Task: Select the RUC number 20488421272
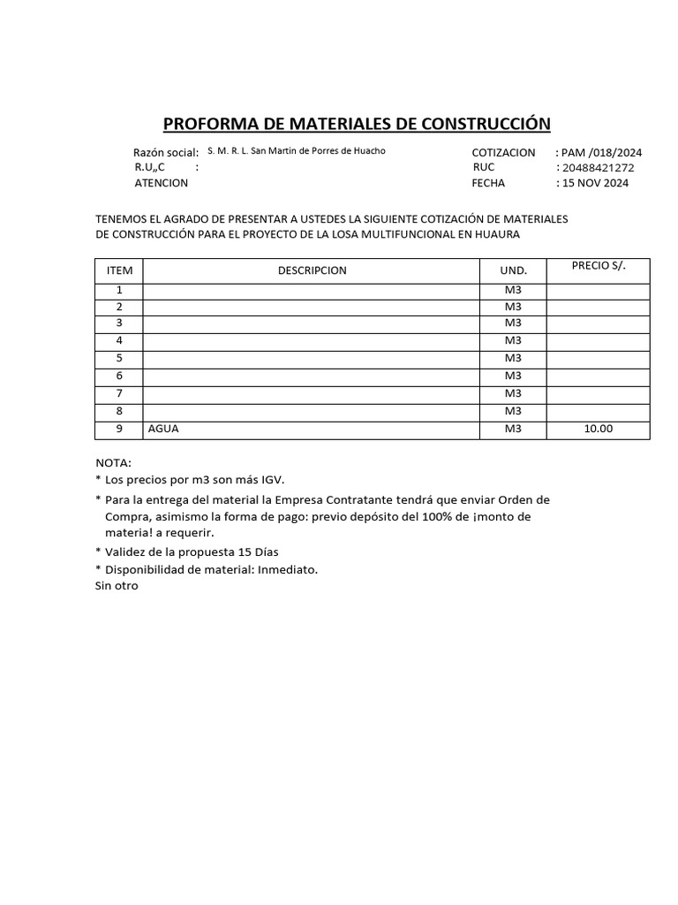pos(598,168)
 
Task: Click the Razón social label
pos(165,152)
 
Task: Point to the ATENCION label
pos(161,184)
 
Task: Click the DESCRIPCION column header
pos(312,270)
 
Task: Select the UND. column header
pos(513,270)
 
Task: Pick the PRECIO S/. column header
pos(599,265)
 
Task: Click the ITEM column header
pos(118,270)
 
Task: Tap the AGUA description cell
pos(163,430)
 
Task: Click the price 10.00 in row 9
pos(598,430)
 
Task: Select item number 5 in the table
pos(118,358)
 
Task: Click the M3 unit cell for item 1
pos(513,290)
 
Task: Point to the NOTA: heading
pos(113,462)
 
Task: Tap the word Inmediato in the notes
pos(287,569)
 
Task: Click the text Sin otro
pos(117,585)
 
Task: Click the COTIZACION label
pos(503,152)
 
